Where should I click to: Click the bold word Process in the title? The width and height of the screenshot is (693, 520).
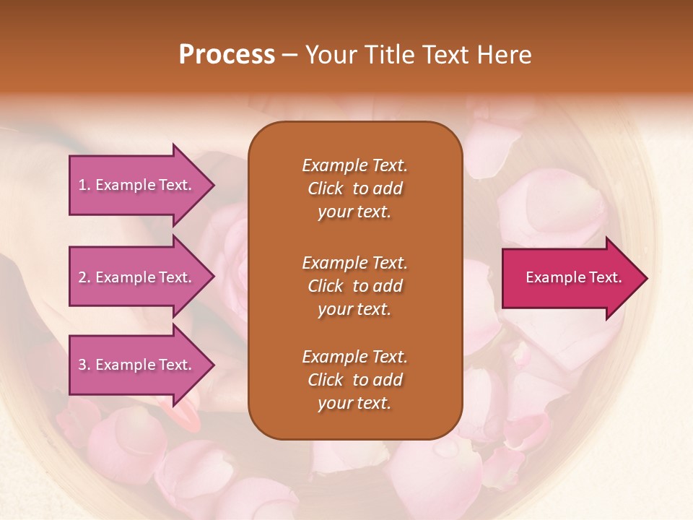coord(227,55)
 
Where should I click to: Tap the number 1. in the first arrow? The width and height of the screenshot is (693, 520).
coord(84,185)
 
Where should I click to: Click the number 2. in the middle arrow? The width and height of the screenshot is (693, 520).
coord(84,277)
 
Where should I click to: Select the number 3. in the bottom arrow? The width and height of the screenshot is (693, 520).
coord(84,365)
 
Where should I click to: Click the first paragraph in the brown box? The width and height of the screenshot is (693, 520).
coord(354,188)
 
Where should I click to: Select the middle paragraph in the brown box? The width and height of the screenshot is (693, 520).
coord(354,286)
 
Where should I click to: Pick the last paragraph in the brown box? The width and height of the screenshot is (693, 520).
coord(354,380)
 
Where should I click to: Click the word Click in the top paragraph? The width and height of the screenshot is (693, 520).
coord(326,188)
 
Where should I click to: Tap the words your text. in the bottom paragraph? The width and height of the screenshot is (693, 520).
coord(354,403)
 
